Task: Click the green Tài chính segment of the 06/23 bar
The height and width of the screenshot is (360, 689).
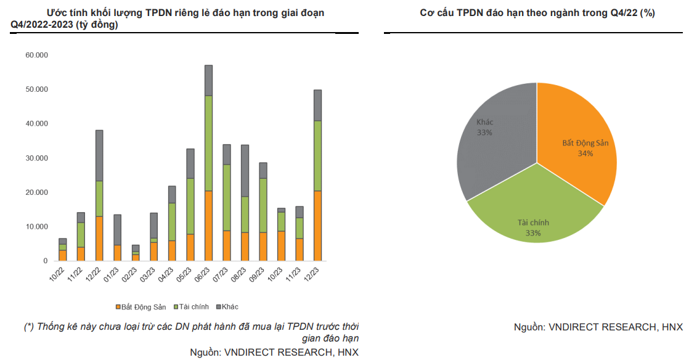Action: coord(209,143)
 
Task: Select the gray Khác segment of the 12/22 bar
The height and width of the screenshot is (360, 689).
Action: coord(99,155)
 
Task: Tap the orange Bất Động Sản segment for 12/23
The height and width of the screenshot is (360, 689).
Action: coord(318,226)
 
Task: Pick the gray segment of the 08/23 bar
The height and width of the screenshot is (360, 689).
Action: coord(245,171)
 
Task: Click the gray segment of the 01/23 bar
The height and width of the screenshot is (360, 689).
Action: coord(118,229)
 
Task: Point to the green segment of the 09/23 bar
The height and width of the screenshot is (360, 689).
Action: coord(263,205)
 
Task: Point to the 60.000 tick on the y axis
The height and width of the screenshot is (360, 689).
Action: coord(37,55)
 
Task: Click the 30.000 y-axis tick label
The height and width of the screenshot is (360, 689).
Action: coord(37,158)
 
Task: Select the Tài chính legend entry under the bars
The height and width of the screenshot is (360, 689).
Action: coord(192,306)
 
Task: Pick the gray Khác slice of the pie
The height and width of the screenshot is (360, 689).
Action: coord(493,142)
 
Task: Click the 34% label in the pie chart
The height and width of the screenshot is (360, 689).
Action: coord(585,153)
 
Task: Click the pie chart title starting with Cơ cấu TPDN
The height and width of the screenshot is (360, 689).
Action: coord(537,13)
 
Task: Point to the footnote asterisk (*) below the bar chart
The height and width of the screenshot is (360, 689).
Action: coord(29,326)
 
